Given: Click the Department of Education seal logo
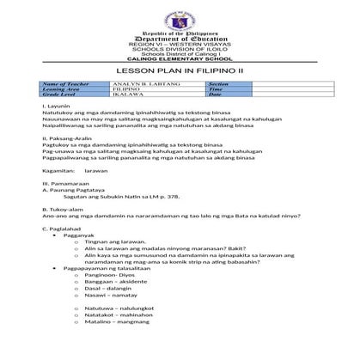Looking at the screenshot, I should coord(180,15).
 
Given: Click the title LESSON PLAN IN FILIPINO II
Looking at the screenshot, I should coord(180,71).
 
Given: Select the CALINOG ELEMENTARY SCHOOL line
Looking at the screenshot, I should coord(180,59).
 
